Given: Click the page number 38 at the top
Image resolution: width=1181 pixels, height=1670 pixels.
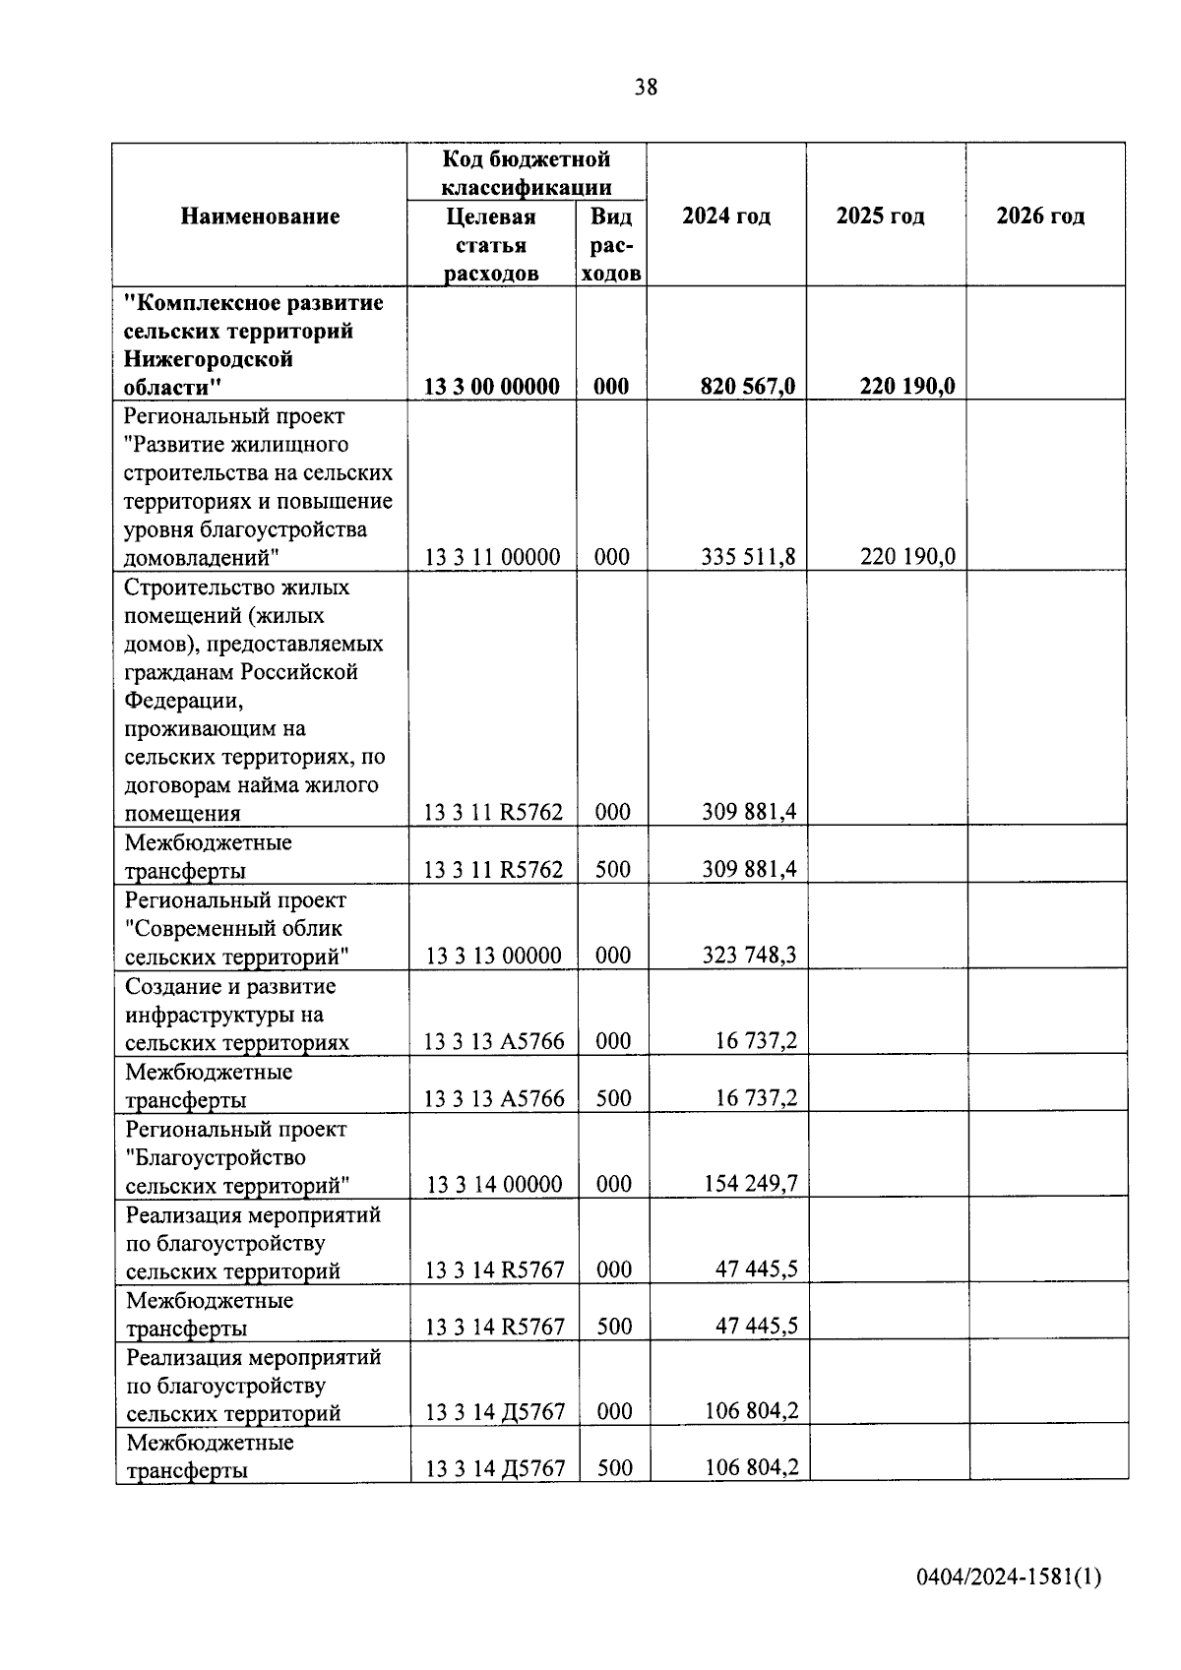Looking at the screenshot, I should coord(646,88).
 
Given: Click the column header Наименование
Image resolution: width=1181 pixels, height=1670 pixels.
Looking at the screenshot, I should coord(260,216).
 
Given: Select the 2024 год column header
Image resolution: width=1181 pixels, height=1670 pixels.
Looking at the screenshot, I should coord(726,216).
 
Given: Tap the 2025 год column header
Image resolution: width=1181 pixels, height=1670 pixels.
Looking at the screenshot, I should coord(880,216).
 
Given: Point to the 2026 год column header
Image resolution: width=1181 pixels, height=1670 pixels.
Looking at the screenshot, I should coord(1040,216).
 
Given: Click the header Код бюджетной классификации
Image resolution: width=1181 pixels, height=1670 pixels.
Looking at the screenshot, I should coord(527,172).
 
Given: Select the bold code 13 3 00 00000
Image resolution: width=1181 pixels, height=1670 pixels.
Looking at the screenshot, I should coord(492,387).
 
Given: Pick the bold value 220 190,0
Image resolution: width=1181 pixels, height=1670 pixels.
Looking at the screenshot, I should coord(907,387).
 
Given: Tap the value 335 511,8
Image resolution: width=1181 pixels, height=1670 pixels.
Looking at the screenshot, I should coord(748,558).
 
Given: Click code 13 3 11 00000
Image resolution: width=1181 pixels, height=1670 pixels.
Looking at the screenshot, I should coord(492,558).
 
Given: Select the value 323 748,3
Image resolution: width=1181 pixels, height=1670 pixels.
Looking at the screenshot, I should coord(749,956).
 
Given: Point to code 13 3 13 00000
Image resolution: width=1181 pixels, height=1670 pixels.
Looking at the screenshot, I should coord(493,956).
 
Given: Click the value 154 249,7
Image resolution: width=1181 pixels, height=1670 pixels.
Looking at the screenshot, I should coord(750,1184).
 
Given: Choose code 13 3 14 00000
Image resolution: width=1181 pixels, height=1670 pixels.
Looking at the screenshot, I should coord(494,1184).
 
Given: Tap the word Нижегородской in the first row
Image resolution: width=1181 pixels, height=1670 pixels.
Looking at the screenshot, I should coord(209,359).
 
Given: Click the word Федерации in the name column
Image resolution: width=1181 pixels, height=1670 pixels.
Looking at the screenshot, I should coord(182,701).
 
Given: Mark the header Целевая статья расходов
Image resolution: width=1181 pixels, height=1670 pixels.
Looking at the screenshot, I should coord(491,245).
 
